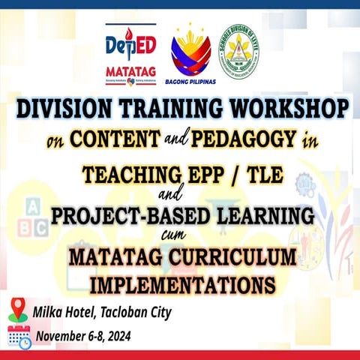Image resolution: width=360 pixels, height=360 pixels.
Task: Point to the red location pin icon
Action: (18, 309)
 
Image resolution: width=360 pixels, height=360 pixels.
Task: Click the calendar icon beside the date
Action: (19, 335)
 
